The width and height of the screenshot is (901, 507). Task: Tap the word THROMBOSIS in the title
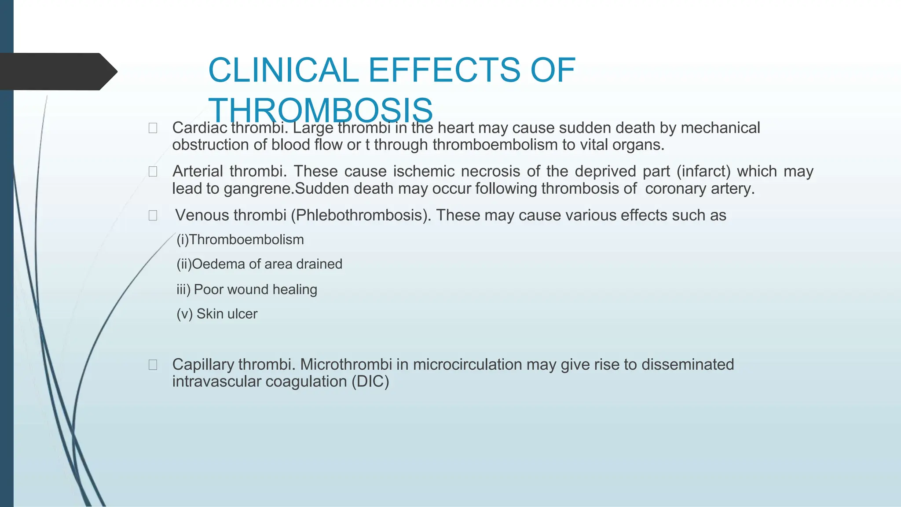[x=320, y=110]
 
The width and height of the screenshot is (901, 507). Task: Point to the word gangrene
[x=258, y=189]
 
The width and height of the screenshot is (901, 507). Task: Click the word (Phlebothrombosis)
[x=361, y=215]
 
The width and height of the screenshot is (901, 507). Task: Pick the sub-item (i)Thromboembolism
[x=240, y=240]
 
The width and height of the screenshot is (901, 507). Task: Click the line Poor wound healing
[x=255, y=290]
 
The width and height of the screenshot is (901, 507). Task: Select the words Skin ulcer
[x=227, y=314]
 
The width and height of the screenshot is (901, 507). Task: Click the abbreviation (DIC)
[x=370, y=382]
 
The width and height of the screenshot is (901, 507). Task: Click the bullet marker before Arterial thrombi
[x=153, y=172]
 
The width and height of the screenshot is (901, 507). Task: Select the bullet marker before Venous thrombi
[x=153, y=216]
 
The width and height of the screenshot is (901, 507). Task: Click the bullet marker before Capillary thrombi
[x=153, y=365]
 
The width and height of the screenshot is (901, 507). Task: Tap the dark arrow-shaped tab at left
[x=57, y=71]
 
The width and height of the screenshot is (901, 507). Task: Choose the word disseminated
[x=688, y=365]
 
